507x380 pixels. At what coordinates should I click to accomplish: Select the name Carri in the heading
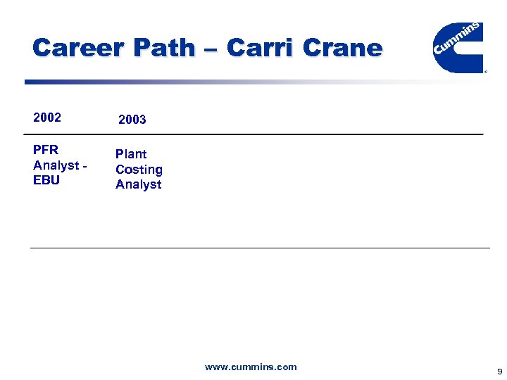click(x=261, y=49)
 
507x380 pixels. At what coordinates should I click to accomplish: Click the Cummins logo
click(x=457, y=46)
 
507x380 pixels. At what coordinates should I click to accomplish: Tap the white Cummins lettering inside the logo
click(x=458, y=40)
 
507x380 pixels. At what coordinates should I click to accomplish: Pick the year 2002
click(x=47, y=118)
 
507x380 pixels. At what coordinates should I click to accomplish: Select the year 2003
click(x=132, y=120)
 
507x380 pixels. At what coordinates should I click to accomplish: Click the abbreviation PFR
click(x=46, y=150)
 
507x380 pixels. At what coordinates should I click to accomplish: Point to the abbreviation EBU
click(x=46, y=180)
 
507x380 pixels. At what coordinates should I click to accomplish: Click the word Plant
click(x=132, y=154)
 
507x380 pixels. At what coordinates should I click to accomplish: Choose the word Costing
click(x=139, y=170)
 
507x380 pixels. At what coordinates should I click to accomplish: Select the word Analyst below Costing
click(x=139, y=184)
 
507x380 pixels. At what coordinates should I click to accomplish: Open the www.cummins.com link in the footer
click(x=251, y=367)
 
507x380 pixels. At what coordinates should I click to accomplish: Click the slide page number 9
click(x=499, y=371)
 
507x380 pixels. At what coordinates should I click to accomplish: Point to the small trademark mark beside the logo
click(x=485, y=71)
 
